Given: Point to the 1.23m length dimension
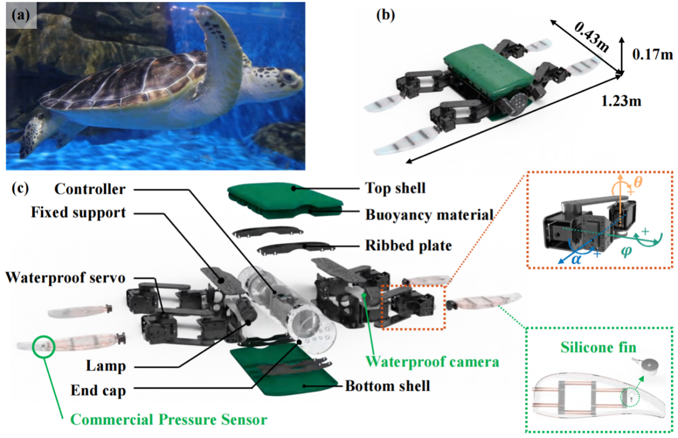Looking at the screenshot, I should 623,101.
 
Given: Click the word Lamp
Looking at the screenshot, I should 104,366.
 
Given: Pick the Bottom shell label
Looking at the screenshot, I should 388,387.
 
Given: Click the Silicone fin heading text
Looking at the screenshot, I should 610,347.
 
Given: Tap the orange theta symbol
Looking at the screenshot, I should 638,182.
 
